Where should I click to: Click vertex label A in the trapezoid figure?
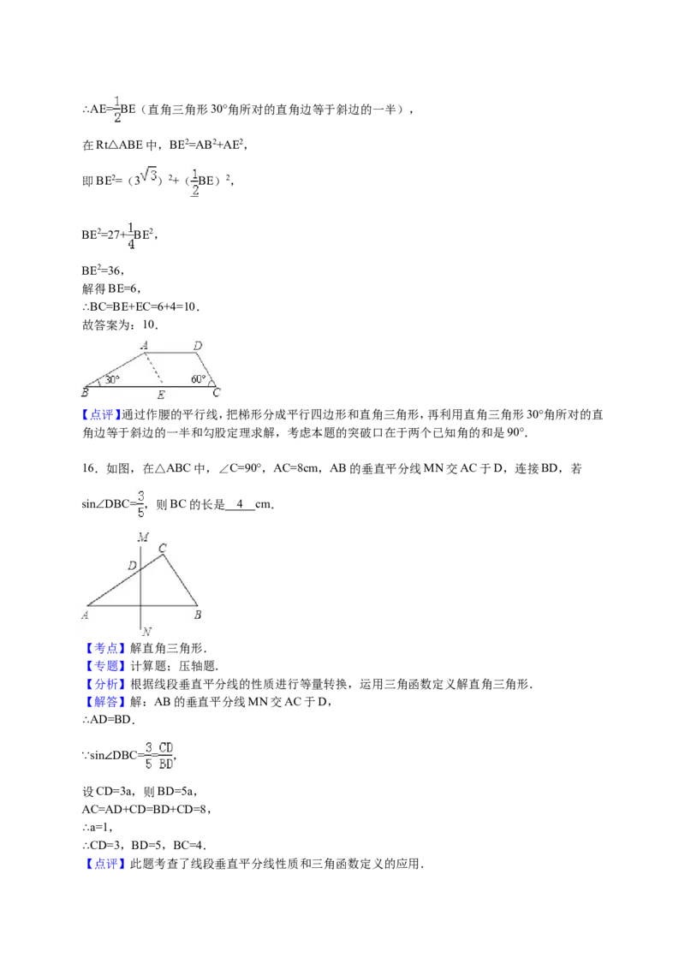coord(144,345)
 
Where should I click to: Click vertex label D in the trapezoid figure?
coord(197,346)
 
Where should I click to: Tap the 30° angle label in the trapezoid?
coord(112,379)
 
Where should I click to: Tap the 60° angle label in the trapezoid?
coord(198,379)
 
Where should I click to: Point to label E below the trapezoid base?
coord(161,395)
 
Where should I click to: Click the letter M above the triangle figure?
coord(143,537)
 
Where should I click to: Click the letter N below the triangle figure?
coord(146,632)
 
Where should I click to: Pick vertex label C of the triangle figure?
coord(163,548)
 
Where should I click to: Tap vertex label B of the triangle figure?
coord(197,615)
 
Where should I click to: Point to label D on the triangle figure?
coord(132,566)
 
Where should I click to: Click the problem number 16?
coord(90,468)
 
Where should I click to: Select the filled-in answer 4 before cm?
coord(240,503)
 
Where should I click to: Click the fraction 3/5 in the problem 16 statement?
coord(141,504)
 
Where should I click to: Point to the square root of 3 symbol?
coord(148,175)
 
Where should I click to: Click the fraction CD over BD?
coord(166,756)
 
